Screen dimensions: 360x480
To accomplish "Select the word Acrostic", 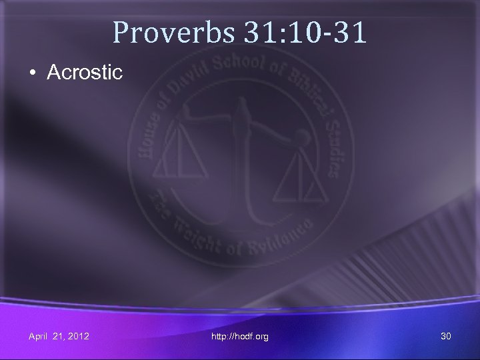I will [x=85, y=73].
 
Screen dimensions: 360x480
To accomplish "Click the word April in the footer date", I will [x=39, y=337].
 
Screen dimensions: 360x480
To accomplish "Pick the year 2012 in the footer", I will [x=78, y=337].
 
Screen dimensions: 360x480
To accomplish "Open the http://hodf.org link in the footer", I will [x=240, y=337].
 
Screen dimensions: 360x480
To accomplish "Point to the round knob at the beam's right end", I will [x=303, y=139].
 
